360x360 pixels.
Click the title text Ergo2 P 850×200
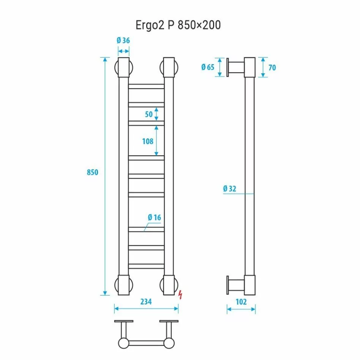178,25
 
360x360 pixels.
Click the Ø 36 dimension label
123,41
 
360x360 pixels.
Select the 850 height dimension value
93,172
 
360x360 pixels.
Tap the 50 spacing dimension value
148,114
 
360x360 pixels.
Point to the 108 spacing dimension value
148,141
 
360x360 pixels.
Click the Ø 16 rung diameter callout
155,217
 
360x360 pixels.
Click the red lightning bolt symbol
181,294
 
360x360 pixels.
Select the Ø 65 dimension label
208,67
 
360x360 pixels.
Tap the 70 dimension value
272,68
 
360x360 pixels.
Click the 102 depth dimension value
241,302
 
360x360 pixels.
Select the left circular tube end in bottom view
123,343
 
